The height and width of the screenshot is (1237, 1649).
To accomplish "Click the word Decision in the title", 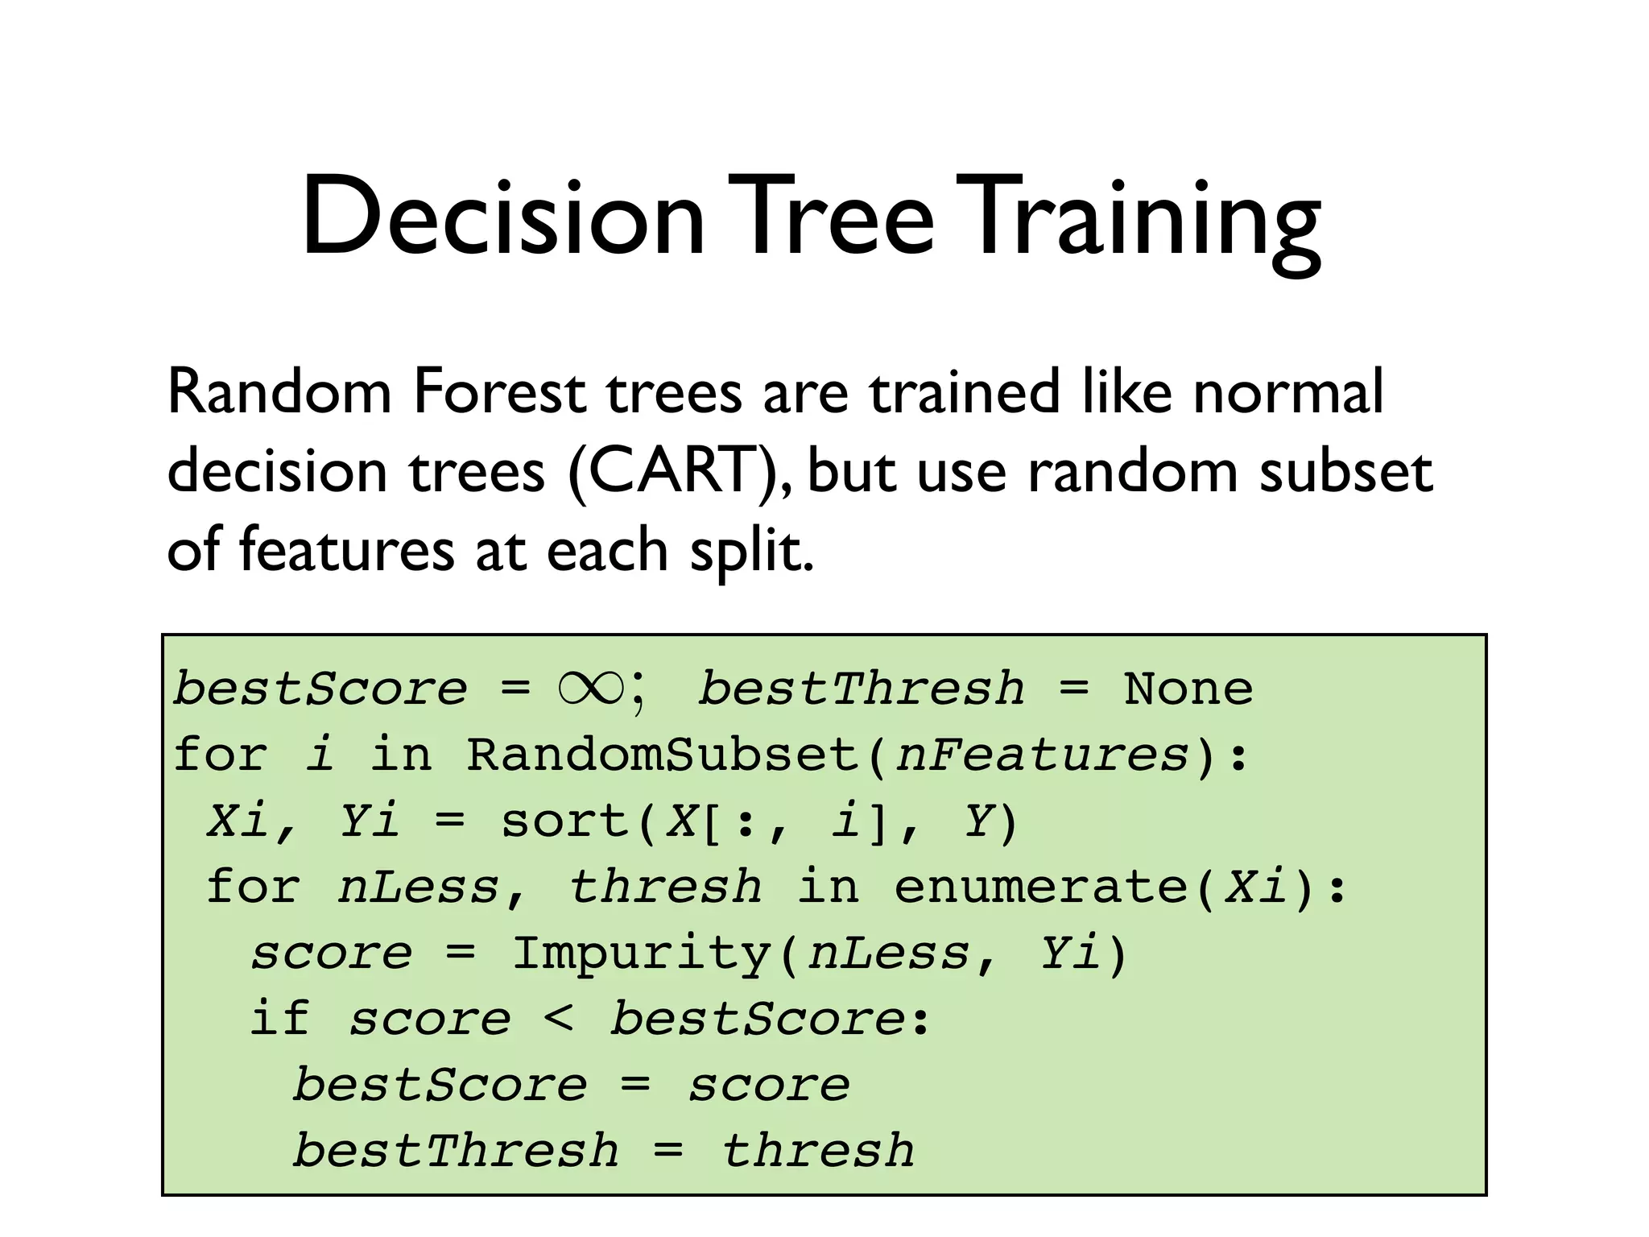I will [x=503, y=217].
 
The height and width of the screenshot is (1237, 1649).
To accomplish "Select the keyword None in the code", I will [x=1188, y=689].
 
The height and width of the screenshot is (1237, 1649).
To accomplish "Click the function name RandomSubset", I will [x=663, y=755].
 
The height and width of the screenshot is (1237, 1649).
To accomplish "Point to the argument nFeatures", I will [x=1042, y=755].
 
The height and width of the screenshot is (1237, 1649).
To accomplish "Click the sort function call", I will [x=564, y=821].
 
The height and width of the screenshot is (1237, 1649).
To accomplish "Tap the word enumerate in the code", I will [x=1040, y=887].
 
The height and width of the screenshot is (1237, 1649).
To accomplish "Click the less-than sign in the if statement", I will [x=559, y=1018].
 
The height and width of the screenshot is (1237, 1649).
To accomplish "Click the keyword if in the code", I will [x=279, y=1018].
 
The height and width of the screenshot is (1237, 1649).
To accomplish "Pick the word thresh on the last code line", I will [x=818, y=1150].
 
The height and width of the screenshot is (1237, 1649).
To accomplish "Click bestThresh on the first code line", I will [x=861, y=689].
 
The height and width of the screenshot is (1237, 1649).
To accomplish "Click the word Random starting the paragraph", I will [x=279, y=392].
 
